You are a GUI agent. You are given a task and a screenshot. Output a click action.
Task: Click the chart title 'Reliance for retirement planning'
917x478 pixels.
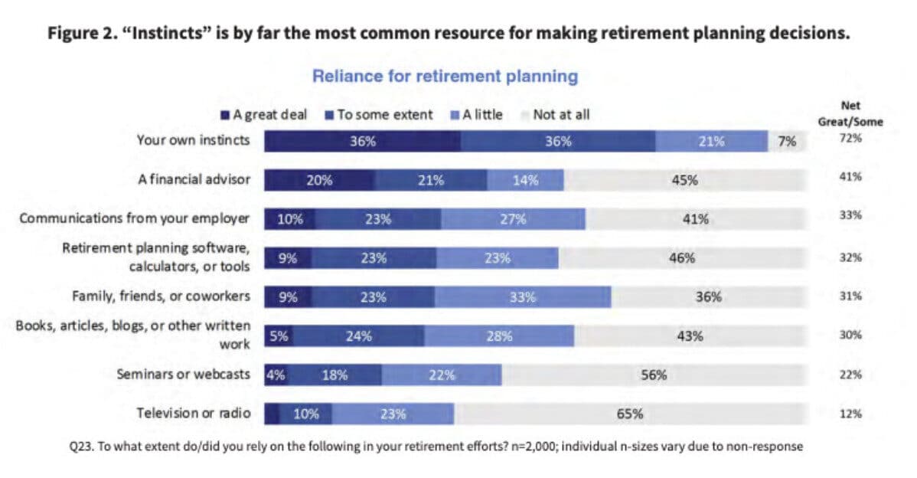coord(444,77)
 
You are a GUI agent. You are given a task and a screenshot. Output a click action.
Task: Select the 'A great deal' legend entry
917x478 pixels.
coord(264,115)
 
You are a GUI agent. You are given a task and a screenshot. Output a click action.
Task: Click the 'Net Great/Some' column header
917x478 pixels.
coord(850,114)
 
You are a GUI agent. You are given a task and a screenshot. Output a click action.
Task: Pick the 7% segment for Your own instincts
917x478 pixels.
coord(787,141)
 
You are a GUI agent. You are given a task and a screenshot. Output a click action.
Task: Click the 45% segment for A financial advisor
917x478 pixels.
coord(684,181)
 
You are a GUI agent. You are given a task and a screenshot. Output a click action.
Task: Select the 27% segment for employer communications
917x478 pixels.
coord(513,219)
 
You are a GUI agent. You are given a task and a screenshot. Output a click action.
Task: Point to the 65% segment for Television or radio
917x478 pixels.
coord(629,414)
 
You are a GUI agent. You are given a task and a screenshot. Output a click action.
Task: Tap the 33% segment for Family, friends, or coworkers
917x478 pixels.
coord(523,297)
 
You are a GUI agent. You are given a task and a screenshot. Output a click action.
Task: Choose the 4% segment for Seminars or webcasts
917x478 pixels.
coord(276,375)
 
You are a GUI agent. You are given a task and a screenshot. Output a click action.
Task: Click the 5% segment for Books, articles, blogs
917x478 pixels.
coord(278,336)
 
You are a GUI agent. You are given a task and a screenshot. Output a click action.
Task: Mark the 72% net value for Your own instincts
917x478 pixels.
coord(850,139)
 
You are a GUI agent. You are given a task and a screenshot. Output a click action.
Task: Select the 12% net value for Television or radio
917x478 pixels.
coord(850,414)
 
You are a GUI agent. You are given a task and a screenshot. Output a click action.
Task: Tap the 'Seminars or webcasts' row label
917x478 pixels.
coord(183,374)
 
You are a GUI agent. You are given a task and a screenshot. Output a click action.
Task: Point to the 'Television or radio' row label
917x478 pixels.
coord(193,413)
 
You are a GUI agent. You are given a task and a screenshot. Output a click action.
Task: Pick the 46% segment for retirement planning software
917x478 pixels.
coord(681,258)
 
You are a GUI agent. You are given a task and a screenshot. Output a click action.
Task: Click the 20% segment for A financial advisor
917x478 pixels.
coord(319,181)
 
